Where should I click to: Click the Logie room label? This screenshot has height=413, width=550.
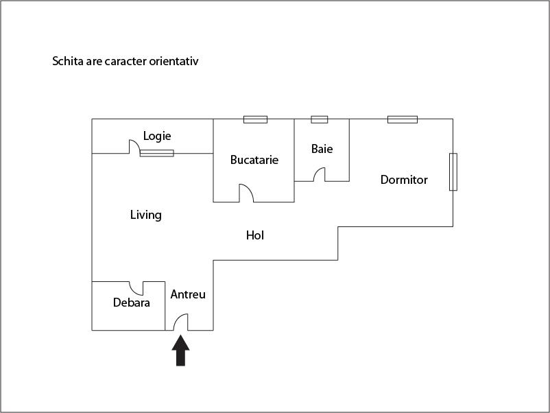coord(157,136)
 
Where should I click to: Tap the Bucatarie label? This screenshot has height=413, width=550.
coord(254,160)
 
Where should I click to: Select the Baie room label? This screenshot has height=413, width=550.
coord(322,149)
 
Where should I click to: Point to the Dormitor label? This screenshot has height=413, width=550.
coord(404,180)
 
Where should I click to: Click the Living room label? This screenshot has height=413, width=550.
coord(146,215)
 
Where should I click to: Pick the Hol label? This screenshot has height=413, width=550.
coord(255,235)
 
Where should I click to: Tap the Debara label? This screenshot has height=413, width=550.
coord(132,303)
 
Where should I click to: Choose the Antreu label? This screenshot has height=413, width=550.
coord(188,294)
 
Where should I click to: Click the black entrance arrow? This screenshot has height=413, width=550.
coord(180,350)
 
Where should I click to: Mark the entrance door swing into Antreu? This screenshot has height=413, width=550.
coord(180,322)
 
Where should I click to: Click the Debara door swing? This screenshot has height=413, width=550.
coord(136,288)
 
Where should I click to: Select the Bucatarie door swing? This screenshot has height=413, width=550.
coord(246,193)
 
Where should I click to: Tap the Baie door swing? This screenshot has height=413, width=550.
coord(319,174)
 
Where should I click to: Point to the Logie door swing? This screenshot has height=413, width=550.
coord(134,147)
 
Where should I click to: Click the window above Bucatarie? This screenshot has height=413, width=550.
coord(255,119)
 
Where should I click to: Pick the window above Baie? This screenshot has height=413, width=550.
coord(320,119)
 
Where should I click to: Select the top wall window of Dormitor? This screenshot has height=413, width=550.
coord(403,119)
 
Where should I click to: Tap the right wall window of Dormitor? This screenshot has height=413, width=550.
coord(453,172)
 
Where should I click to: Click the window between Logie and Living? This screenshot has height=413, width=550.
coord(157,153)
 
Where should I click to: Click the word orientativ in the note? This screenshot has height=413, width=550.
coord(174,61)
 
